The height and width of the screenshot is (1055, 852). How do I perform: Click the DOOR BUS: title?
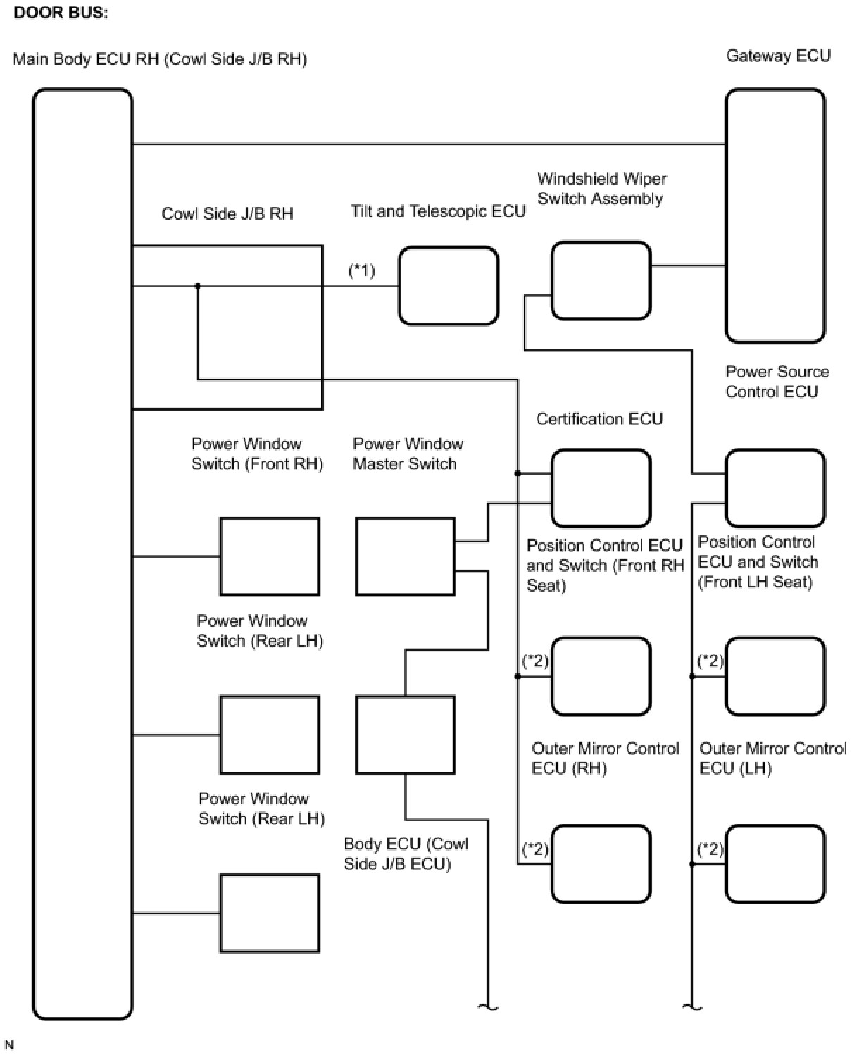[61, 13]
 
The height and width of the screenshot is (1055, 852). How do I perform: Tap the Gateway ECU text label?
[778, 56]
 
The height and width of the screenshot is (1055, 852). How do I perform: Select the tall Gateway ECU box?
[775, 215]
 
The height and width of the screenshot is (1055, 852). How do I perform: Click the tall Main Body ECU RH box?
[83, 553]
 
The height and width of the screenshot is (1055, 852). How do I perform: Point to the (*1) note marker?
[362, 270]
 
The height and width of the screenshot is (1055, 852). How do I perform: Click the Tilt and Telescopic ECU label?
[438, 211]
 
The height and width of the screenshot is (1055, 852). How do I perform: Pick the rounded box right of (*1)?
[449, 286]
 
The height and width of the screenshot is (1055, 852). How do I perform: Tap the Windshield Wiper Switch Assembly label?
[601, 189]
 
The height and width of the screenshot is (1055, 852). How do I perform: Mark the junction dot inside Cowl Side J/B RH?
[198, 286]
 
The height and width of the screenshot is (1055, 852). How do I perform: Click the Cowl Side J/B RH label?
[227, 214]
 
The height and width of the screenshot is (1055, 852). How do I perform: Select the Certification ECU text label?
[599, 419]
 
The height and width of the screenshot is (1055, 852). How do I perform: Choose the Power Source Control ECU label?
[777, 382]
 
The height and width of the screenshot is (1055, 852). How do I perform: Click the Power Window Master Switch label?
[408, 454]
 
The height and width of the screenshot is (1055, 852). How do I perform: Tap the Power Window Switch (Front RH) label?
[257, 454]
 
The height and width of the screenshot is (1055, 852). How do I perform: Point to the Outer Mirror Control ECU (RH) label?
[605, 758]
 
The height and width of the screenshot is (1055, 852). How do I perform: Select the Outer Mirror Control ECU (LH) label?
[772, 758]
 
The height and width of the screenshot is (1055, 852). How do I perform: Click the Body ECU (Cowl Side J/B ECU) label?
[406, 854]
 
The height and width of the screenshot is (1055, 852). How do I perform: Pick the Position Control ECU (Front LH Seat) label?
[758, 561]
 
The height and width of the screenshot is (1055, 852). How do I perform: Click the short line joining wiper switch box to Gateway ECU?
[688, 266]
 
